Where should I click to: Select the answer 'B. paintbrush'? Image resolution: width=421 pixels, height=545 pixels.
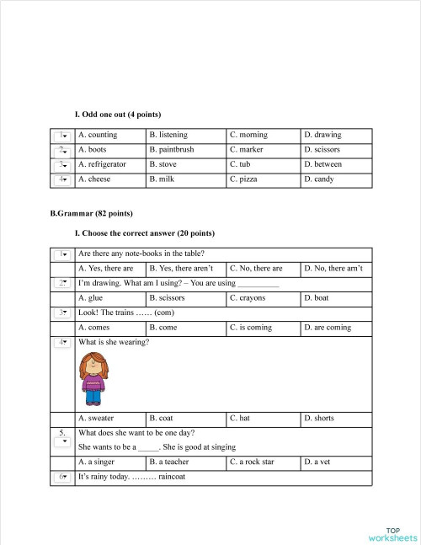pos(171,150)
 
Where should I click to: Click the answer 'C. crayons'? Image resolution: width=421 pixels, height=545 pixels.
pos(246,298)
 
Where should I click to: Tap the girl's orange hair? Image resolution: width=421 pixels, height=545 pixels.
pos(93,364)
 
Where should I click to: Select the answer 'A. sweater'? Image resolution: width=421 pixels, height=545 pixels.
pos(96,418)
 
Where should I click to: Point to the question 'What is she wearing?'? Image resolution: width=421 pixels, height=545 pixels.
pos(114,342)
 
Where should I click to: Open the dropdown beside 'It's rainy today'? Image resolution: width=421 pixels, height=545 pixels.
pos(62,477)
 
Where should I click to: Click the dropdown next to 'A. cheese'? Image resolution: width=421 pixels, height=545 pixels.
pos(62,180)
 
